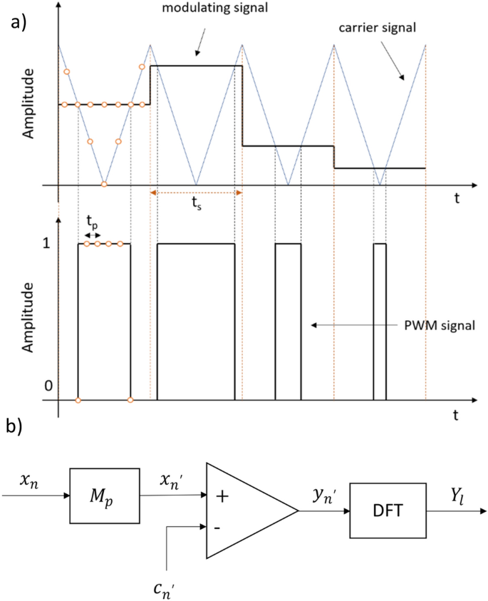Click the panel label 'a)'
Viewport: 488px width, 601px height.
click(x=19, y=22)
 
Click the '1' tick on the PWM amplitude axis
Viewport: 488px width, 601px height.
click(x=47, y=244)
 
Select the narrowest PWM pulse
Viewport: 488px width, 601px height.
click(x=380, y=321)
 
